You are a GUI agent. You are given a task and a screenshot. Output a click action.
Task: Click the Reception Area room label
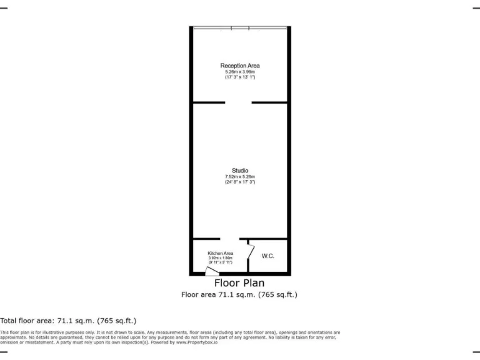[240, 66]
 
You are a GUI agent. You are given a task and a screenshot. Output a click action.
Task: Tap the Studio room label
[240, 171]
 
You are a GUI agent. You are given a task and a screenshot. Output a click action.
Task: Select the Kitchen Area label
[220, 253]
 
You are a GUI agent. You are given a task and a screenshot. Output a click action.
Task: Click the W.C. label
[268, 256]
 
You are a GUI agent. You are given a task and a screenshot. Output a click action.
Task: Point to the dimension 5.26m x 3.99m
[240, 71]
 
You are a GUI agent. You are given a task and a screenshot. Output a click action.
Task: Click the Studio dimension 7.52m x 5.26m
[240, 177]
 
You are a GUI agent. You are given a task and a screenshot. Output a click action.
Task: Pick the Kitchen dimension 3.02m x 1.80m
[220, 258]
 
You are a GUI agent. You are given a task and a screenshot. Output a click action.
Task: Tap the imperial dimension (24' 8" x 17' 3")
[240, 182]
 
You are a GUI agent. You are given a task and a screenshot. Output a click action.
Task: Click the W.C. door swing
[251, 252]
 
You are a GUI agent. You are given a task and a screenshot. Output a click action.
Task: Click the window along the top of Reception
[240, 27]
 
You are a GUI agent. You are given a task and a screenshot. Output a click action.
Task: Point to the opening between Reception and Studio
[238, 102]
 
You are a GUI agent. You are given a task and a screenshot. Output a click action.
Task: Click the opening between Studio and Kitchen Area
[229, 239]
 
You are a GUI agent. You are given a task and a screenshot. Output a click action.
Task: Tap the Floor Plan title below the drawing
[239, 283]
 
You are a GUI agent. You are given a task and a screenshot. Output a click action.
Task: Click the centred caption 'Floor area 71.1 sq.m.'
[239, 294]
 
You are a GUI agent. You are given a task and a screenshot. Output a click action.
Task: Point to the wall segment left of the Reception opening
[209, 102]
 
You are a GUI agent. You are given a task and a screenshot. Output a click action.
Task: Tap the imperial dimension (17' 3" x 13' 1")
[240, 77]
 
